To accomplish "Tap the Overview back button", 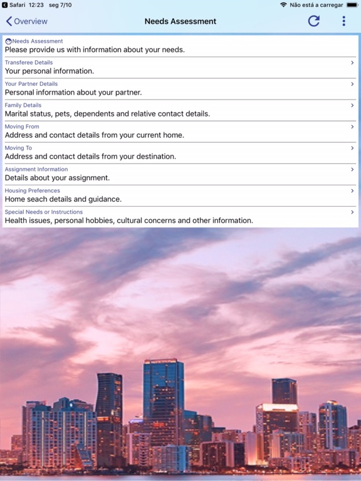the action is (26, 21).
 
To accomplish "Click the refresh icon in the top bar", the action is (314, 21).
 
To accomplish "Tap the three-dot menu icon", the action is (343, 21).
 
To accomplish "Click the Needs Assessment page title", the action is (180, 21).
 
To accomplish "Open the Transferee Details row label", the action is (29, 63).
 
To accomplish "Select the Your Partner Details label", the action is (31, 84).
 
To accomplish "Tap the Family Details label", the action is (23, 105).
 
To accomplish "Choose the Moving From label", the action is (22, 127).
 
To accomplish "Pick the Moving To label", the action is (18, 148).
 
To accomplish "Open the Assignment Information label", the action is (36, 169).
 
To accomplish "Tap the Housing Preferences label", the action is (33, 190).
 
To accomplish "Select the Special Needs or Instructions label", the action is (44, 212).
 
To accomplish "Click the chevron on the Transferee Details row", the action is (352, 63).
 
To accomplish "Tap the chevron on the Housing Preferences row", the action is (352, 190).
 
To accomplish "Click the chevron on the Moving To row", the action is (352, 148).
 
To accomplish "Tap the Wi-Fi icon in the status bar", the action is (283, 5).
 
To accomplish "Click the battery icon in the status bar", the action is (353, 5).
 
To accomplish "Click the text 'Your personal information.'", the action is (50, 71).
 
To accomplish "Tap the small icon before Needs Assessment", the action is (8, 41).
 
